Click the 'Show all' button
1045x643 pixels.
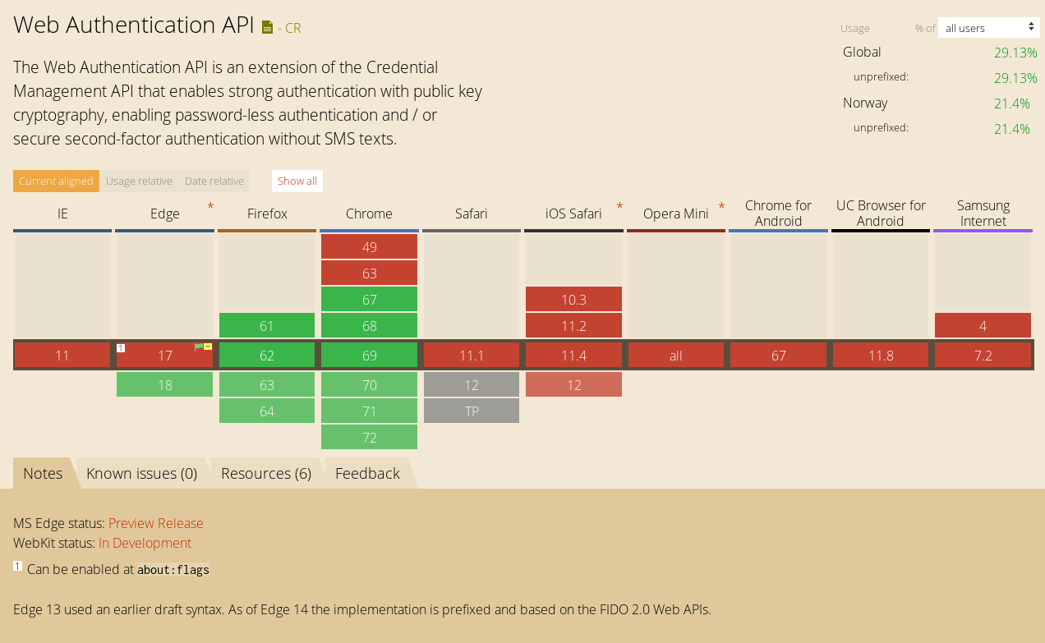pyautogui.click(x=297, y=181)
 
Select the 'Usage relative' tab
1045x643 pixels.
pyautogui.click(x=139, y=181)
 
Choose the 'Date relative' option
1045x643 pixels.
pyautogui.click(x=214, y=181)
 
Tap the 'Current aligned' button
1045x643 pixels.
pyautogui.click(x=56, y=181)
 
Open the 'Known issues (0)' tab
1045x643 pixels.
pyautogui.click(x=142, y=473)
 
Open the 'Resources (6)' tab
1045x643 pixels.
pyautogui.click(x=266, y=473)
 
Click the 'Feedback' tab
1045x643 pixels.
pyautogui.click(x=367, y=473)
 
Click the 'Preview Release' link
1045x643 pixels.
pyautogui.click(x=156, y=523)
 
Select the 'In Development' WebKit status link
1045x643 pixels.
pyautogui.click(x=145, y=543)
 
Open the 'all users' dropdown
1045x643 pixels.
pyautogui.click(x=988, y=28)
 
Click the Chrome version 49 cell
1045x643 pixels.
pyautogui.click(x=369, y=246)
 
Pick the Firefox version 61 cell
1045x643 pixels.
pyautogui.click(x=267, y=325)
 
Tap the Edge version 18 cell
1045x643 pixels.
pyautogui.click(x=164, y=384)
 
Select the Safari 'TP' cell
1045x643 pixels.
pyautogui.click(x=472, y=411)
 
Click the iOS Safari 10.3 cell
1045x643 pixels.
pyautogui.click(x=573, y=300)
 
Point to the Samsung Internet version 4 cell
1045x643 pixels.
pyautogui.click(x=983, y=325)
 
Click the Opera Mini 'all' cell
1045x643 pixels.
pyautogui.click(x=676, y=356)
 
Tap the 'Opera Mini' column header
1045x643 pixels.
pyautogui.click(x=676, y=214)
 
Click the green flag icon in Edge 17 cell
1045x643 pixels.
pyautogui.click(x=199, y=347)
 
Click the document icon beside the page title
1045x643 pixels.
pyautogui.click(x=267, y=28)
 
